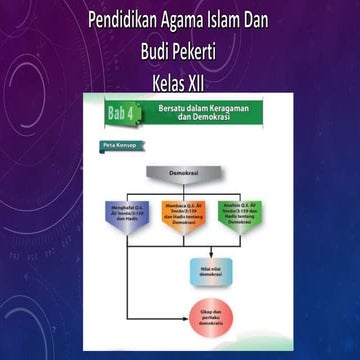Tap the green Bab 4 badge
point(124,116)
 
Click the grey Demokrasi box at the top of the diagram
point(181,172)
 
